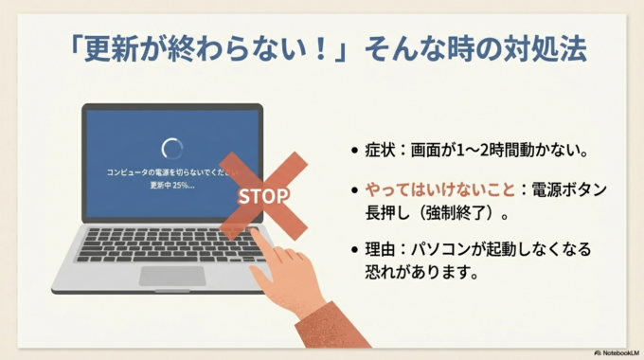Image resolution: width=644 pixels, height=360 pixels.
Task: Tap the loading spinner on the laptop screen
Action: [x=172, y=148]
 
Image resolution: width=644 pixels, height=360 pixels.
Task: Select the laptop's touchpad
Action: [x=172, y=276]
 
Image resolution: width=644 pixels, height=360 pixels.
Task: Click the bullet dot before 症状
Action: [x=354, y=150]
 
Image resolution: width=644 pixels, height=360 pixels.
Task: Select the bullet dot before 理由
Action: [x=354, y=251]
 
